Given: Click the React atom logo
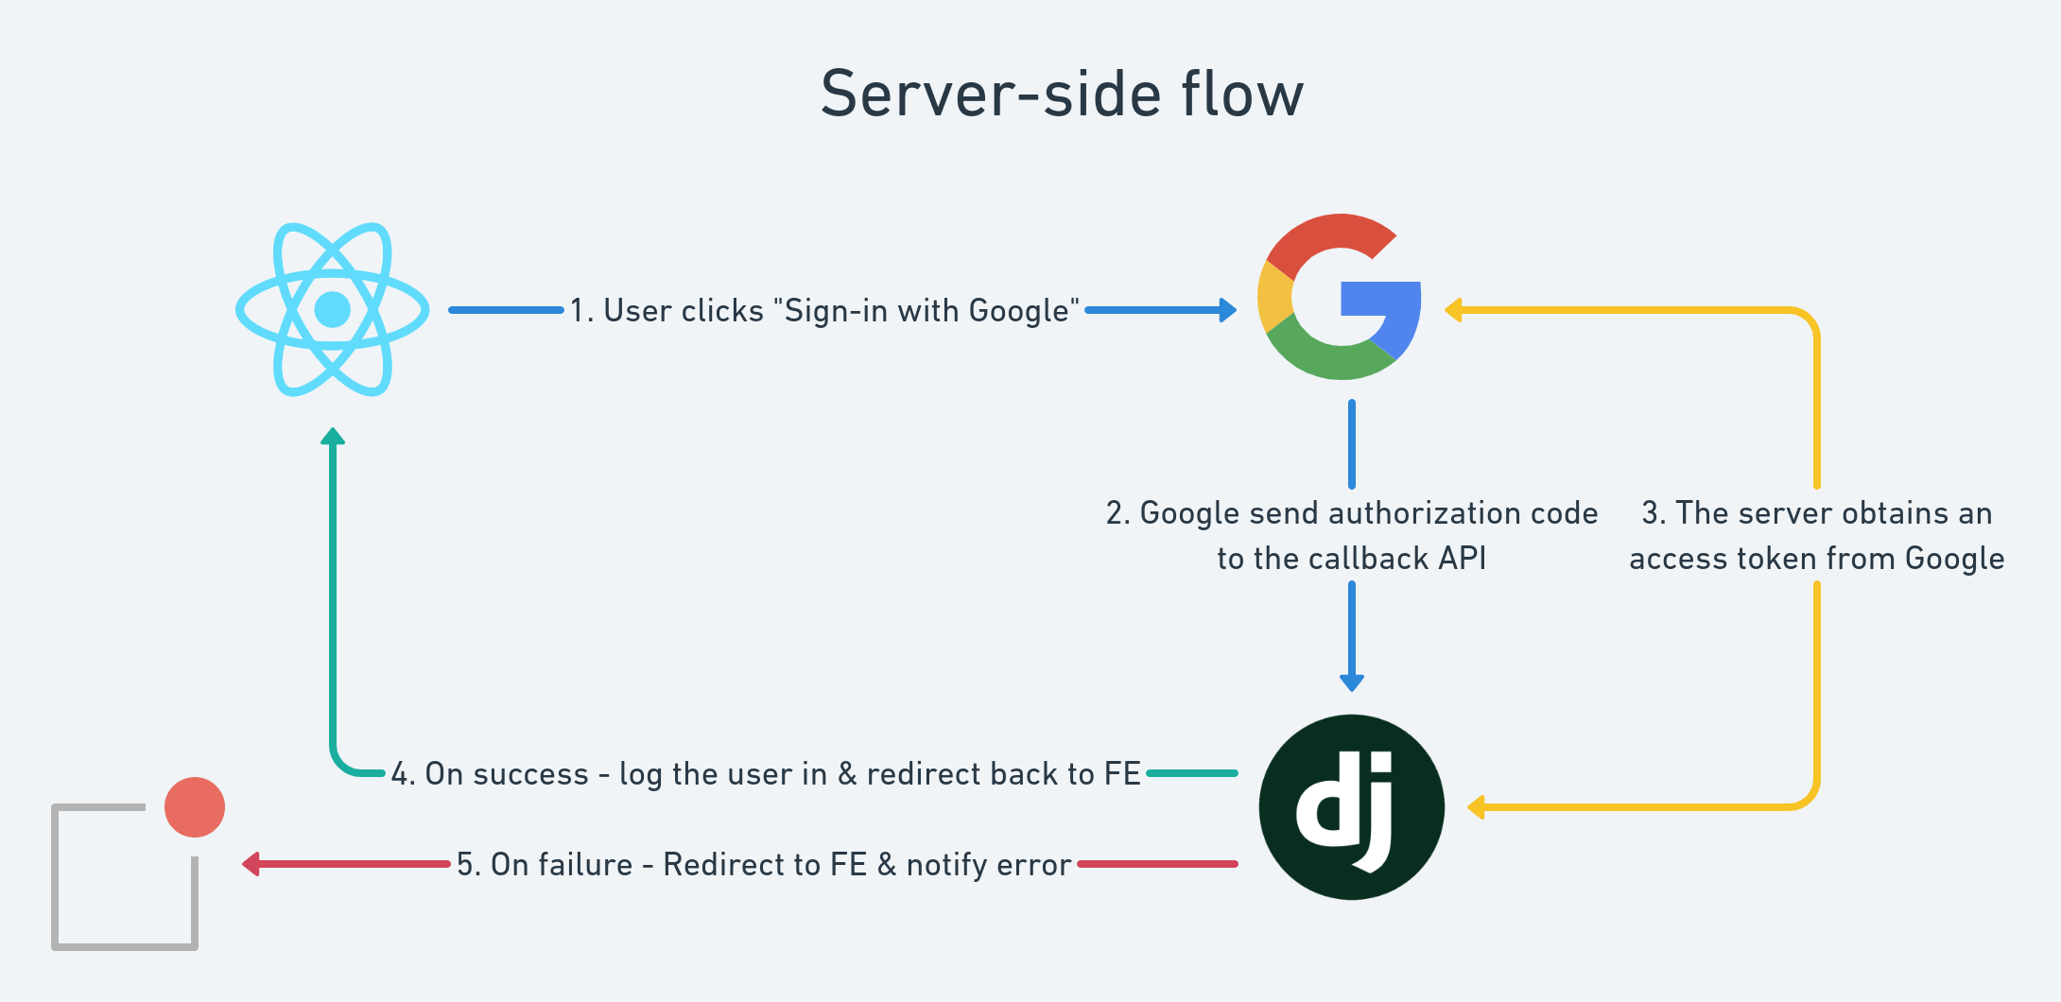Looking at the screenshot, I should tap(332, 309).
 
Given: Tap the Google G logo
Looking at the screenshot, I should tap(1339, 297).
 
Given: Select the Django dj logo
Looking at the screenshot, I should tap(1351, 806).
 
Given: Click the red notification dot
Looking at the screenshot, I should tap(195, 807).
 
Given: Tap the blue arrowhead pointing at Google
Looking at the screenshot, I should tap(1228, 310).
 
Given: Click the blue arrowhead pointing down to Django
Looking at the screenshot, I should tap(1352, 682).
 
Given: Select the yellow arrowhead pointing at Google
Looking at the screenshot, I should tap(1454, 310).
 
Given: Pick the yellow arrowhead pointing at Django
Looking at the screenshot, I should tap(1476, 807).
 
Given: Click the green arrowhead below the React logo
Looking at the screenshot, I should tap(333, 436).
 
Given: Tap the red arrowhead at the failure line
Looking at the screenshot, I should tap(251, 864).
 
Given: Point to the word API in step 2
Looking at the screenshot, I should tap(1462, 559).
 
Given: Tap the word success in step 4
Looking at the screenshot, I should tap(530, 774).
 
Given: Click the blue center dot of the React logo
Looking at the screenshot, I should tap(332, 309).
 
